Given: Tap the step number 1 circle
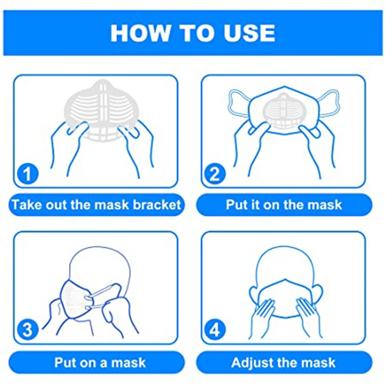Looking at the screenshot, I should [28, 173].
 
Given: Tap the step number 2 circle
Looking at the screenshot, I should [216, 173].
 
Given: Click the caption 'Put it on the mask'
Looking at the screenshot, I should [284, 204].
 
